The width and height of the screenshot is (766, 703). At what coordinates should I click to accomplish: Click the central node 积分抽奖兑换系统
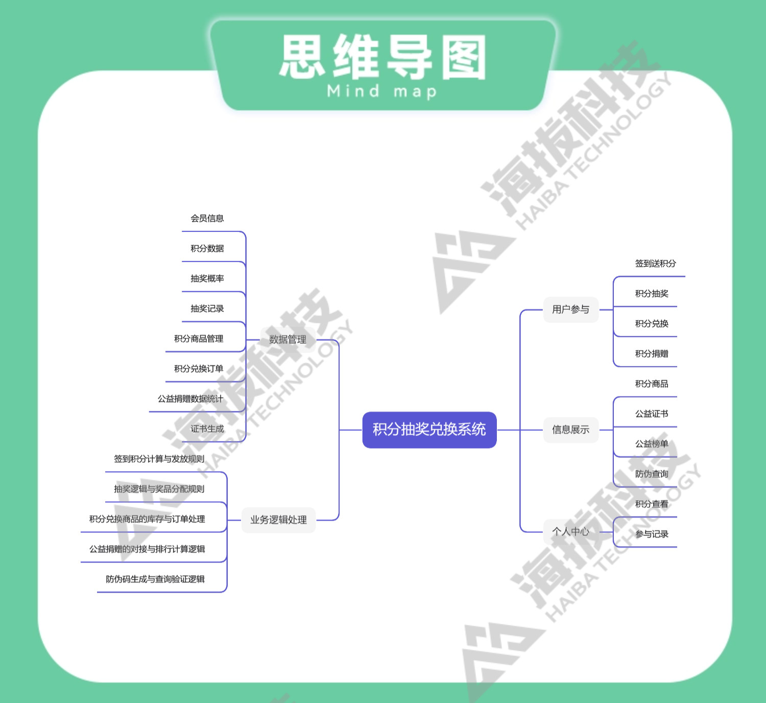coord(429,430)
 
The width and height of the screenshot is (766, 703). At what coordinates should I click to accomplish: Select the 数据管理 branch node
coord(288,339)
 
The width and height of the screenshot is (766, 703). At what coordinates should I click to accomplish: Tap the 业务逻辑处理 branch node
coord(278,520)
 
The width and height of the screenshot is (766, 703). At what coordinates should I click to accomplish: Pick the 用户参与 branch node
coord(570,309)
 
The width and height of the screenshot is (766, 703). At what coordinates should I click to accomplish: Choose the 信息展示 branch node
coord(570,430)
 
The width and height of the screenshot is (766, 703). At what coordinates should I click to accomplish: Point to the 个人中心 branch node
coord(570,531)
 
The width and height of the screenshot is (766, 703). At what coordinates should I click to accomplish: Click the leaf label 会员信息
coord(207,219)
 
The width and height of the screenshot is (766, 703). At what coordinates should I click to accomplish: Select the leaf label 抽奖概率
coord(207,278)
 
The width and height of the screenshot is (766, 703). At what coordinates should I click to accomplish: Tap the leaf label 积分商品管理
coord(199,339)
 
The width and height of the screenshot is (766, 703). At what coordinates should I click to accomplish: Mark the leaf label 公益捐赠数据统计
coord(190,399)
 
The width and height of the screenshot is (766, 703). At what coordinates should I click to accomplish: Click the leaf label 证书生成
coord(207,429)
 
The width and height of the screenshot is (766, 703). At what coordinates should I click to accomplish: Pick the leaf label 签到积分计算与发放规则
coord(159,459)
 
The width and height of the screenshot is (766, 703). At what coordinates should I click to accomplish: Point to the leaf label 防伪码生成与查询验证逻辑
coord(155,579)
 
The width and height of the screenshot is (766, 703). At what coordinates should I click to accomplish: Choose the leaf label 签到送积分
coord(655,264)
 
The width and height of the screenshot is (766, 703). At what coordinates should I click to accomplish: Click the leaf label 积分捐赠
coord(652,354)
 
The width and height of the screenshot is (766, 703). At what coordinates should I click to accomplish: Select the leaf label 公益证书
coord(652,414)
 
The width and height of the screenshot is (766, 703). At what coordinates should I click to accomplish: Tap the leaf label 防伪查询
coord(652,474)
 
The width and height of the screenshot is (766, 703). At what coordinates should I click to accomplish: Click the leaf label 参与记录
coord(652,534)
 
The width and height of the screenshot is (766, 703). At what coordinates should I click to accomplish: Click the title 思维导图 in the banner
coord(383,57)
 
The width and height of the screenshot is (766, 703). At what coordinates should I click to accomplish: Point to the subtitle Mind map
coord(382,91)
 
